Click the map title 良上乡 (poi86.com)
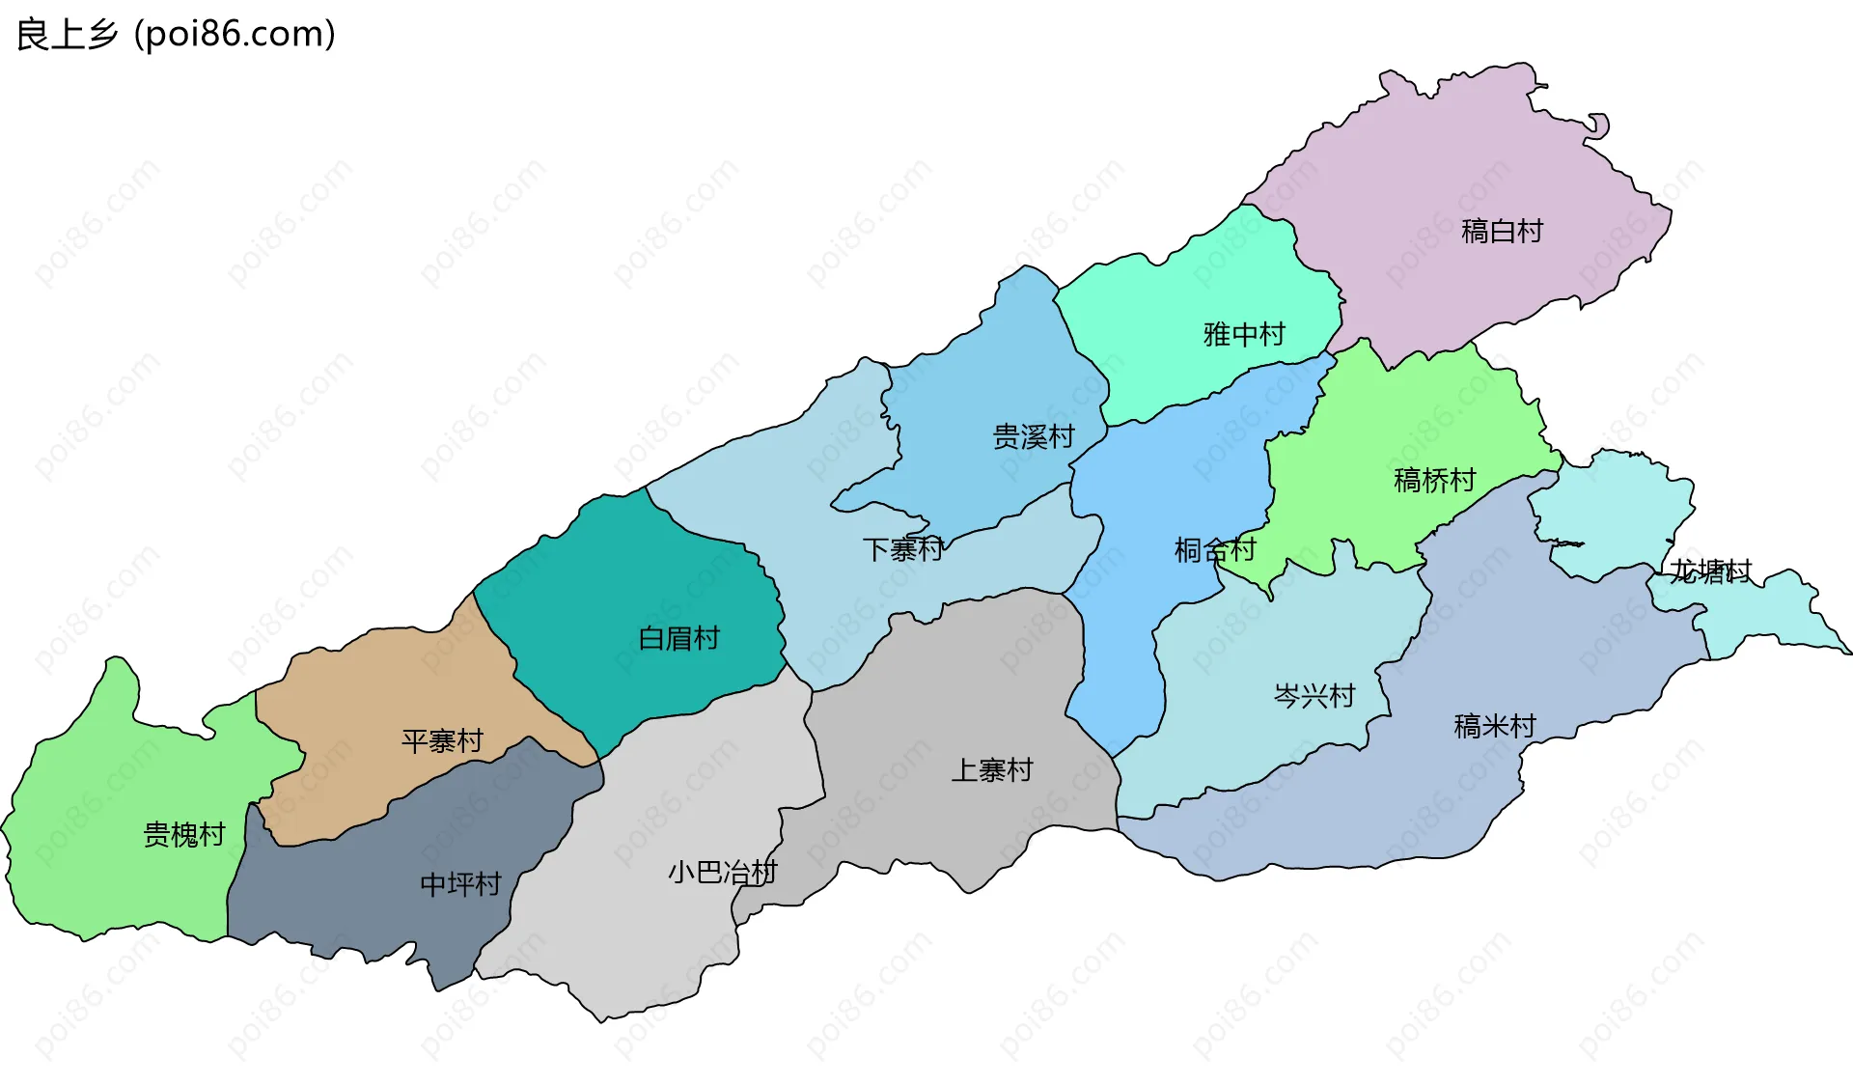(176, 35)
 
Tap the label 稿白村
(1502, 232)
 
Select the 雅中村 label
(1244, 335)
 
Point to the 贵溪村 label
(1034, 437)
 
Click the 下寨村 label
(902, 550)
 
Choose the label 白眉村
(678, 639)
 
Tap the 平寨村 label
(442, 741)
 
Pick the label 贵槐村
(183, 835)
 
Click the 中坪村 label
(460, 884)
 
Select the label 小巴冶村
(722, 873)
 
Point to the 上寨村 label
(991, 770)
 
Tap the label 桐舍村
(1214, 550)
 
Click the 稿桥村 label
(1434, 481)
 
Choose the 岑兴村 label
(1314, 696)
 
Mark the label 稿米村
(1494, 726)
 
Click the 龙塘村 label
(1710, 571)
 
